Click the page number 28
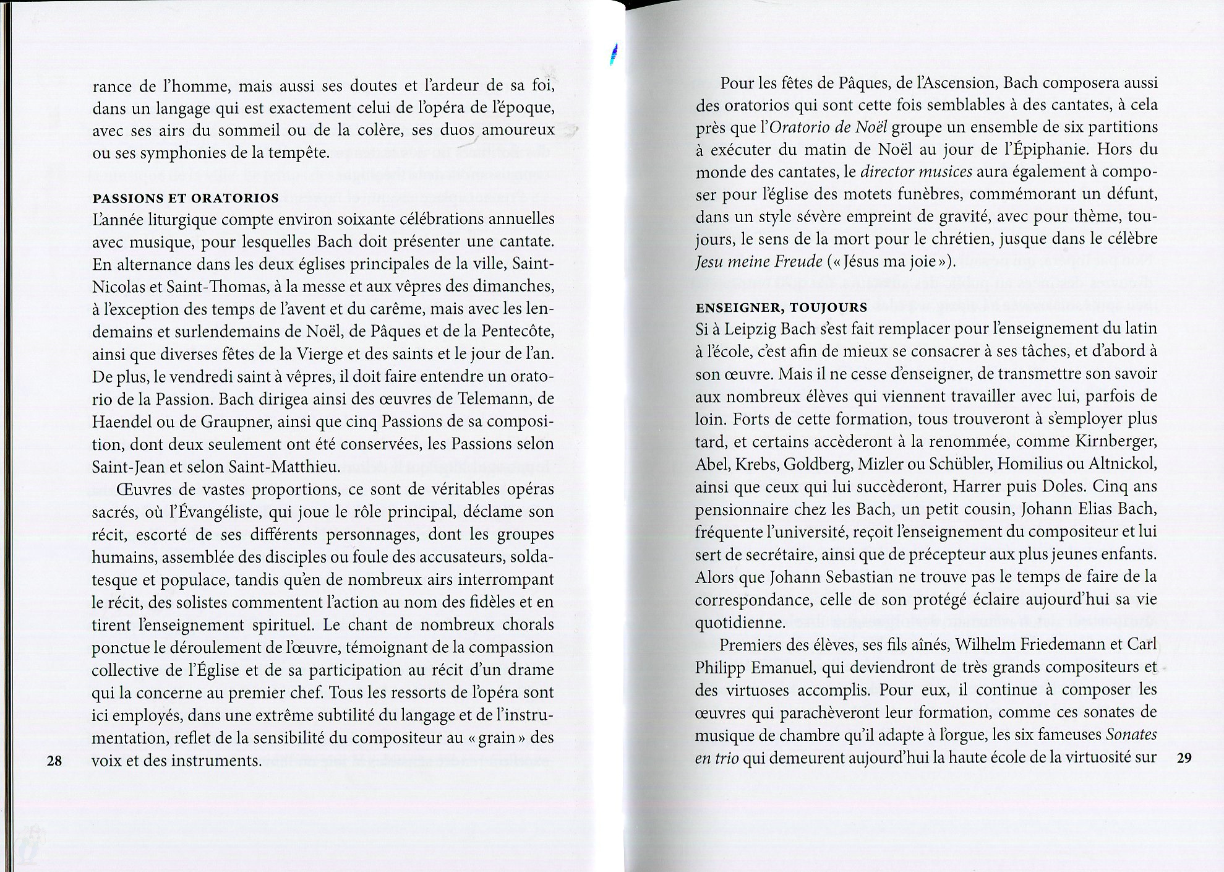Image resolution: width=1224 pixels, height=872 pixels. click(54, 761)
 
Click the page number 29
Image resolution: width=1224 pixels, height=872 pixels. click(1183, 758)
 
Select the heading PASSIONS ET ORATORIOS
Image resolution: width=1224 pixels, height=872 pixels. click(186, 199)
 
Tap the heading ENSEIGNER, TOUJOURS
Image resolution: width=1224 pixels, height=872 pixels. click(781, 308)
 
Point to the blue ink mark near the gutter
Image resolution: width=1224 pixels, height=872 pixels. click(613, 56)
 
